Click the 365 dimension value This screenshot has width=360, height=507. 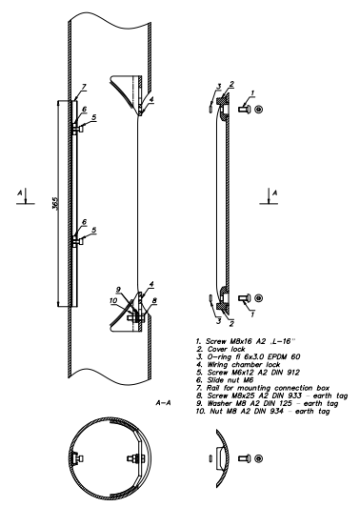pyautogui.click(x=55, y=203)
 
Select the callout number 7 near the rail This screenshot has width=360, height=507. pyautogui.click(x=84, y=87)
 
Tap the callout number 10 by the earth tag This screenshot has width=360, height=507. pyautogui.click(x=113, y=301)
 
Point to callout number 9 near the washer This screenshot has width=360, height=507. pyautogui.click(x=118, y=289)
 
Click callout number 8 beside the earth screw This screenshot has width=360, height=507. pyautogui.click(x=154, y=301)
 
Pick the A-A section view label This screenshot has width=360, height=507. pyautogui.click(x=163, y=403)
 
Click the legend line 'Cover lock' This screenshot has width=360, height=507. pyautogui.click(x=221, y=349)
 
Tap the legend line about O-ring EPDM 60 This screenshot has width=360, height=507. pyautogui.click(x=249, y=356)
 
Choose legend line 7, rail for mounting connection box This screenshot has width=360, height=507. pyautogui.click(x=263, y=388)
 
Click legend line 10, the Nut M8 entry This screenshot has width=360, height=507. pyautogui.click(x=263, y=411)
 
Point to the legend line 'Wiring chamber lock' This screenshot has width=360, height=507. pyautogui.click(x=238, y=364)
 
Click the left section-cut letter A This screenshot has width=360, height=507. pyautogui.click(x=20, y=193)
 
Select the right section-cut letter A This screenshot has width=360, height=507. pyautogui.click(x=275, y=193)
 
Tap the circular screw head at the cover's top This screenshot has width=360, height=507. pyautogui.click(x=258, y=109)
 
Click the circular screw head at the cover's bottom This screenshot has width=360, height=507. pyautogui.click(x=258, y=298)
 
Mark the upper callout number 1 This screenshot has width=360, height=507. pyautogui.click(x=253, y=93)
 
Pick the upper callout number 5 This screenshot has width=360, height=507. pyautogui.click(x=93, y=116)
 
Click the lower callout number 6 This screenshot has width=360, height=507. pyautogui.click(x=85, y=222)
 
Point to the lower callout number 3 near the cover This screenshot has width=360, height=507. pyautogui.click(x=218, y=321)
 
